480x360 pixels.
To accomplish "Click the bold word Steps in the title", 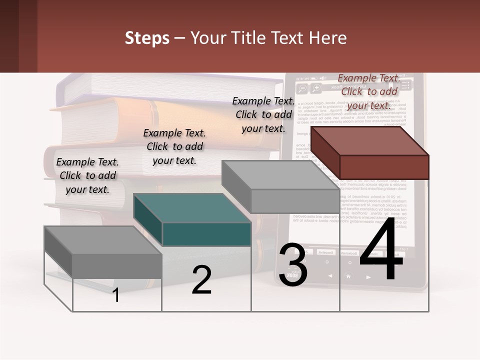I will click(x=147, y=38).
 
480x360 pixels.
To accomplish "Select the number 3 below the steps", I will click(x=293, y=265).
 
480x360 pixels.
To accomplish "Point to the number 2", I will click(x=201, y=280).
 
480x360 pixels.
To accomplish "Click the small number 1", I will click(x=115, y=295).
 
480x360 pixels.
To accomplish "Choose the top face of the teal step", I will click(x=192, y=207).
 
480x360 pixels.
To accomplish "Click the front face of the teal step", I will click(x=206, y=234).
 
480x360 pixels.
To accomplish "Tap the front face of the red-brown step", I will click(x=384, y=166).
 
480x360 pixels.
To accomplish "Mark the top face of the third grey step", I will click(x=280, y=175).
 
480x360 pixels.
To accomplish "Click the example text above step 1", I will click(x=87, y=175).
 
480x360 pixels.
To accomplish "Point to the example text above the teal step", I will click(x=174, y=146).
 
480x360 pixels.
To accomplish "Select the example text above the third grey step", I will click(x=263, y=114).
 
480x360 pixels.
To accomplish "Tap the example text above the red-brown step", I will click(x=369, y=91).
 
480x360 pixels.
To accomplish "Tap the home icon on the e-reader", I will click(x=348, y=276).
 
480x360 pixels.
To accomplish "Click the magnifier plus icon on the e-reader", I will click(x=316, y=88).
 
